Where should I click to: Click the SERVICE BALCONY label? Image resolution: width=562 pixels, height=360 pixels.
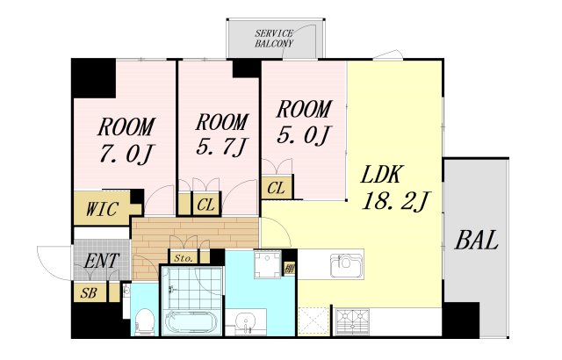(274, 39)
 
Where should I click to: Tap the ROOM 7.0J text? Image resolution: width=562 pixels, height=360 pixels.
(126, 140)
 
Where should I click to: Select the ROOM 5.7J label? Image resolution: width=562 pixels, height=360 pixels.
(222, 134)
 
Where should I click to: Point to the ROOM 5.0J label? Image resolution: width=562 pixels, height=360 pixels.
(304, 122)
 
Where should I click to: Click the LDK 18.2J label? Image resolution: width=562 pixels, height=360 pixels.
(394, 188)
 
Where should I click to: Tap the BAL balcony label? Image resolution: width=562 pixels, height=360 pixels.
(476, 240)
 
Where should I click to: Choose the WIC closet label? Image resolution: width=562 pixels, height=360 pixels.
(102, 209)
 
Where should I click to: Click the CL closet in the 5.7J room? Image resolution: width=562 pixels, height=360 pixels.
(206, 205)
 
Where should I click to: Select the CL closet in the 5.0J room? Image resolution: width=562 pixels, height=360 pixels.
(276, 188)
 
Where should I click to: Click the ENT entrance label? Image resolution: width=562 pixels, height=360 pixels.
(101, 261)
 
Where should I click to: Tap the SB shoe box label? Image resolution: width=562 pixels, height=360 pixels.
(88, 293)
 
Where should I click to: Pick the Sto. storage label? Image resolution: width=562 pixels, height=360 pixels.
(184, 258)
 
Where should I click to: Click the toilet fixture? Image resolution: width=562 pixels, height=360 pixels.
(145, 321)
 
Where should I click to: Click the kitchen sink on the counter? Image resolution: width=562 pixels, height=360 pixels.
(346, 265)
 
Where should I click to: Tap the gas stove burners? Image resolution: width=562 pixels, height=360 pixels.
(353, 320)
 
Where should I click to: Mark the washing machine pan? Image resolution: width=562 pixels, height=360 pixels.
(267, 264)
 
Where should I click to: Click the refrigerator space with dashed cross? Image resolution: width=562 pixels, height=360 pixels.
(314, 321)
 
